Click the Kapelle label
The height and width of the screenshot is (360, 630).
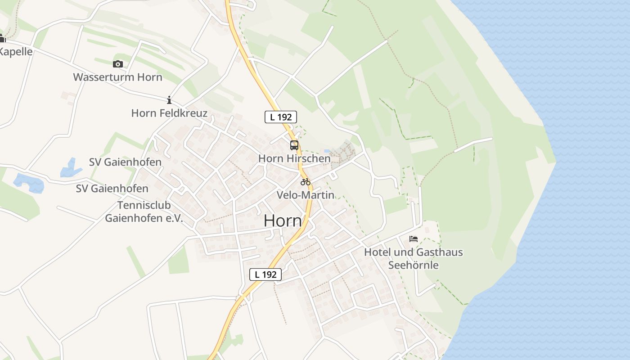16,52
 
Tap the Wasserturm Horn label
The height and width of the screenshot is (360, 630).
117,77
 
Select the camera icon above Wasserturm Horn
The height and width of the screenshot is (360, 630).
118,64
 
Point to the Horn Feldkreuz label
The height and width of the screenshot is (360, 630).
169,113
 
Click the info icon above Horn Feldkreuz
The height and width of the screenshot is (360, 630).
169,99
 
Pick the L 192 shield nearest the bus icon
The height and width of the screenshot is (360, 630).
280,117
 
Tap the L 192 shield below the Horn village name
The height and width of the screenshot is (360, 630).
265,274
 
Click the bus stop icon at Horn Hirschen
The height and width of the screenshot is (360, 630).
294,145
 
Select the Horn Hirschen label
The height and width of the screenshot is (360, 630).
294,158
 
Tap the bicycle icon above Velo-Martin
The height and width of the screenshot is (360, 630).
306,182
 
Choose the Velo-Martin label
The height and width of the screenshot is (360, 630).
306,195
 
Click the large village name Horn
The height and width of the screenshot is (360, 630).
283,221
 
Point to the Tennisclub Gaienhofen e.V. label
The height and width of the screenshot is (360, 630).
144,212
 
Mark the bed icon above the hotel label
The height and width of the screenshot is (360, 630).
414,239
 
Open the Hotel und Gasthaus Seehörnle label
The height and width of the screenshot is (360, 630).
414,258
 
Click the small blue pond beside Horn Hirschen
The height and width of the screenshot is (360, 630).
327,151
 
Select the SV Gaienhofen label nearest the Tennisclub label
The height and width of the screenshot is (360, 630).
112,189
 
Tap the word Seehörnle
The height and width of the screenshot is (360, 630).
414,265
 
